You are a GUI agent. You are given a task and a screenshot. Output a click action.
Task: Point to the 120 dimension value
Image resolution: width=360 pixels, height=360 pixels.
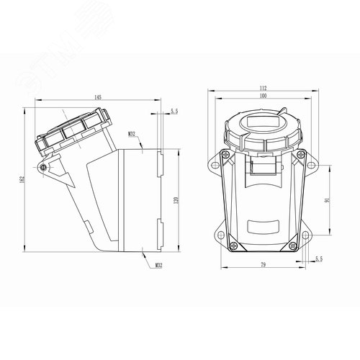176,200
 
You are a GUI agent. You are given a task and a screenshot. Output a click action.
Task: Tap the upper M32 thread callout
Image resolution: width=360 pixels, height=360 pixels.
132,134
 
